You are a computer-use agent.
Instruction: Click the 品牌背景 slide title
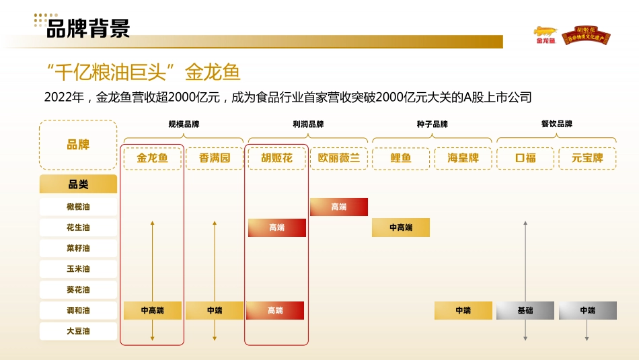click(87, 28)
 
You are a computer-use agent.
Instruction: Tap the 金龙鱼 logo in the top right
click(546, 35)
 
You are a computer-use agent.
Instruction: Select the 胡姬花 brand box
click(276, 159)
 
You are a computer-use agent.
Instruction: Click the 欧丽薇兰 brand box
click(339, 159)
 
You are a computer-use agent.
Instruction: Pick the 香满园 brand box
click(215, 159)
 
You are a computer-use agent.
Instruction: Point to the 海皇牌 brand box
click(463, 159)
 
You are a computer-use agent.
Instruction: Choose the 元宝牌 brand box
click(587, 159)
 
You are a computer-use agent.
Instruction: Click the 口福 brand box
click(525, 159)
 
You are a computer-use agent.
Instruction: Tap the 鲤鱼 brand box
click(401, 159)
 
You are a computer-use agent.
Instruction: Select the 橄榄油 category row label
click(78, 207)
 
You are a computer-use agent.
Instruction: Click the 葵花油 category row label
click(78, 289)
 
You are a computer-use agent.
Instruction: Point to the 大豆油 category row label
click(78, 331)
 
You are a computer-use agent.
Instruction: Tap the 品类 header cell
click(78, 184)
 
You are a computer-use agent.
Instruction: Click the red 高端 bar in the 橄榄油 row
click(339, 207)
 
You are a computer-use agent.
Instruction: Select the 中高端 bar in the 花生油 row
click(401, 228)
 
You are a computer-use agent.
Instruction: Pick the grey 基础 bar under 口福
click(525, 311)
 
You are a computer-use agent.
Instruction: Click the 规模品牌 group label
click(184, 124)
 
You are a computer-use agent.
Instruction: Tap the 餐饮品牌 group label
click(556, 124)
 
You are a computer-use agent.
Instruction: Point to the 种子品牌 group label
click(432, 124)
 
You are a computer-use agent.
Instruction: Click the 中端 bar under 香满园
click(215, 311)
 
